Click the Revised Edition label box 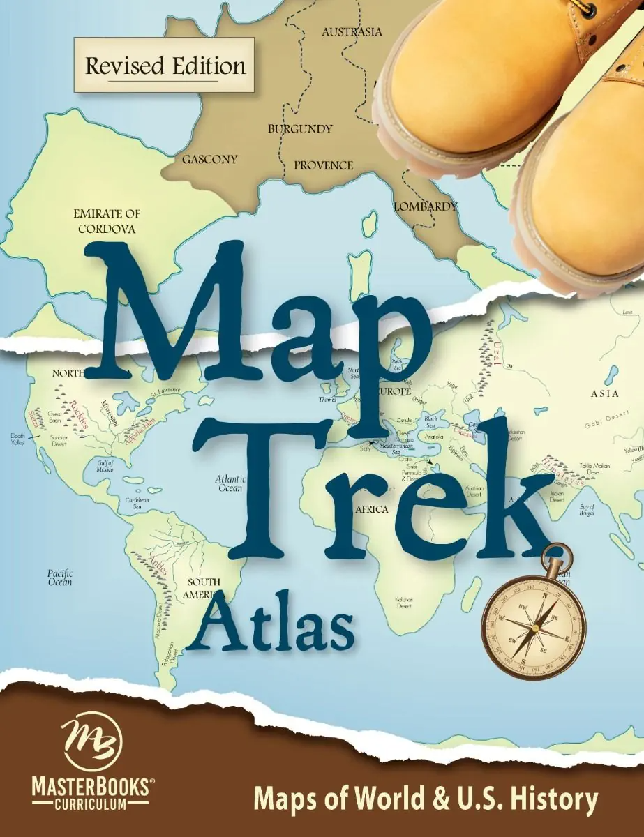(165, 66)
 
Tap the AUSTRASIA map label (352, 32)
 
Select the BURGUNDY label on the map (300, 129)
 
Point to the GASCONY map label (209, 159)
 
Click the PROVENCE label (323, 165)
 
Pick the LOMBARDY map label (426, 206)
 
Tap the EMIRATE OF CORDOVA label (107, 221)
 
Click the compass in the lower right (533, 617)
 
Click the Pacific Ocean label (60, 577)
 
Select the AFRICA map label (371, 510)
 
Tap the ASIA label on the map (604, 394)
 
